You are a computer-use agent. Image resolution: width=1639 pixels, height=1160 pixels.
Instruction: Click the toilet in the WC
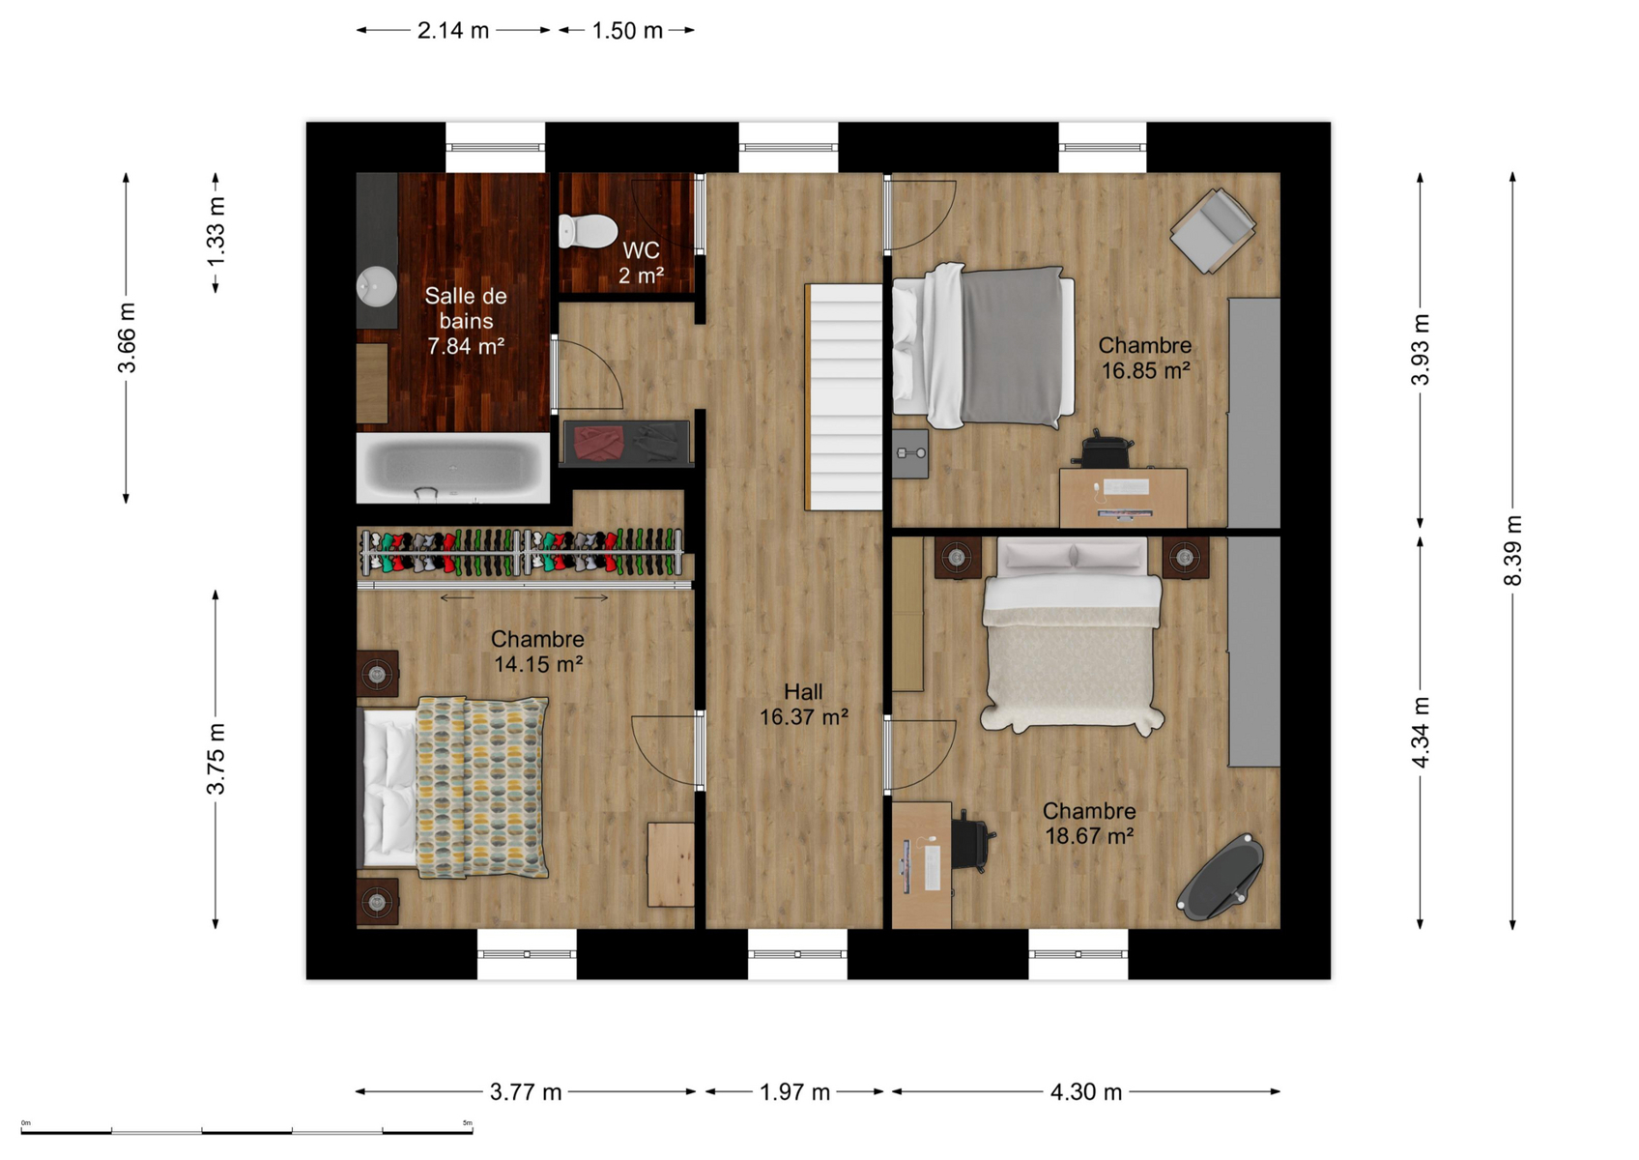coord(588,230)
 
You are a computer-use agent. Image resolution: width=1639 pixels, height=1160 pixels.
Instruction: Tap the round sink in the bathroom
coord(377,286)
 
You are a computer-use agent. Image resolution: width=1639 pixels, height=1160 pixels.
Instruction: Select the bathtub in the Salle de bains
coord(453,468)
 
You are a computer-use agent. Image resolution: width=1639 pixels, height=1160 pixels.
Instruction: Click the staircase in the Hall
coord(844,396)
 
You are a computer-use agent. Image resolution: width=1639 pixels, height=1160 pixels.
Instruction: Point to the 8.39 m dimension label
coord(1512,551)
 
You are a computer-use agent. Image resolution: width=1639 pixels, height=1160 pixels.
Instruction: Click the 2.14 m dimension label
coord(453,31)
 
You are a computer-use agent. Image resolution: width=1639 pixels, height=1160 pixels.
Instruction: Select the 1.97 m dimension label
coord(794,1092)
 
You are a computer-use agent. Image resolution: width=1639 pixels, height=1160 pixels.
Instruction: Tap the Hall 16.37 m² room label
coord(803,704)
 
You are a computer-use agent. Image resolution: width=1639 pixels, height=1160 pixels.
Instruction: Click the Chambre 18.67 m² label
coord(1089,824)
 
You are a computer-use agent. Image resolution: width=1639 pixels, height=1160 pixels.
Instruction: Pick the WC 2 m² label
coord(641,263)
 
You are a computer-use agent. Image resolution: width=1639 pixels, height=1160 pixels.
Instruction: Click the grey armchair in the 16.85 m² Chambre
coord(1213,230)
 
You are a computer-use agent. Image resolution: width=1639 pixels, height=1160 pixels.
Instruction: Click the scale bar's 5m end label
coord(468,1122)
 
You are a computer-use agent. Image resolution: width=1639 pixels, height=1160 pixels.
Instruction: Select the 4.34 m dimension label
coord(1420,733)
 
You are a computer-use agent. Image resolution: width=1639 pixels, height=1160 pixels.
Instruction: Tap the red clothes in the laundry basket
coord(598,444)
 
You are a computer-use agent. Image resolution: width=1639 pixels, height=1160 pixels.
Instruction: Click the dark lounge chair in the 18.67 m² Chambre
coord(1220,877)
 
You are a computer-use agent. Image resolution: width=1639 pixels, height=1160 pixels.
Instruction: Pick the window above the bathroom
coord(496,148)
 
